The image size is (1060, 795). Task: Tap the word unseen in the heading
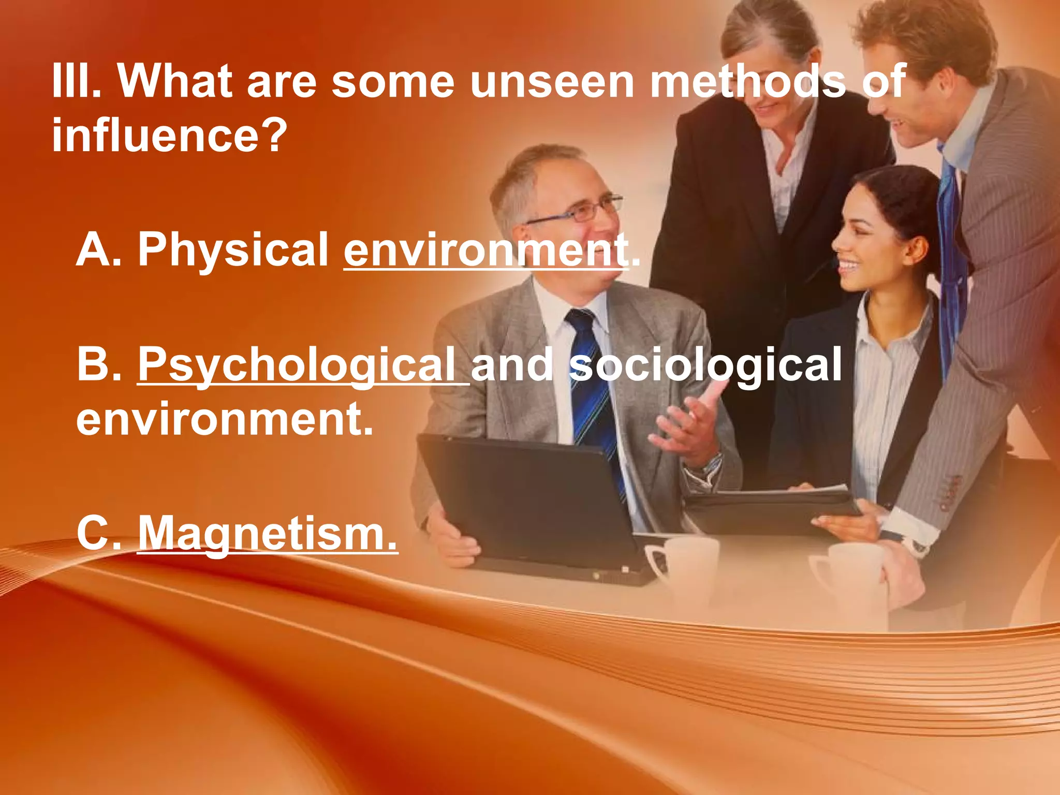552,81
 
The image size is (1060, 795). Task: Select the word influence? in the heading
169,136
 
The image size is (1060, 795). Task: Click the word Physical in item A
233,249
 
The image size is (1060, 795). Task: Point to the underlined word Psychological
303,365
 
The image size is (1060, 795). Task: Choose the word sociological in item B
707,365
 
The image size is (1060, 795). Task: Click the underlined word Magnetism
268,533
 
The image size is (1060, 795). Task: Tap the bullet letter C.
98,533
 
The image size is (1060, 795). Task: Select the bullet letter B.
98,365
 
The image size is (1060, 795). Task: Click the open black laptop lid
523,497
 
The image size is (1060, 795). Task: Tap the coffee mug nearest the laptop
683,564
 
